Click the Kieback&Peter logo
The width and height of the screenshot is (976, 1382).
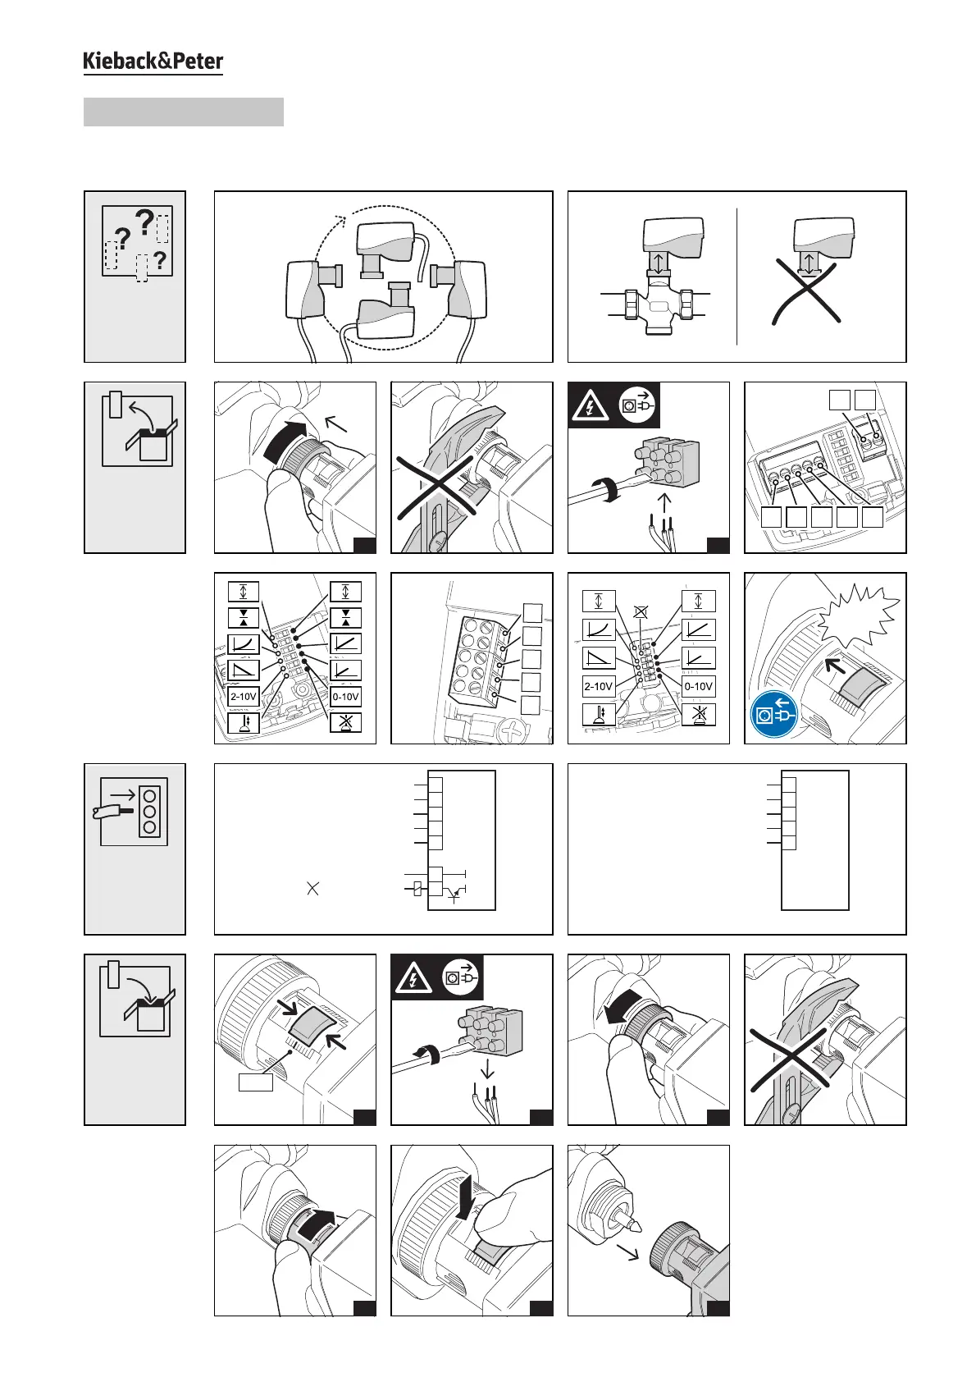[153, 62]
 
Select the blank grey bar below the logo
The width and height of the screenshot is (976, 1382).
[184, 112]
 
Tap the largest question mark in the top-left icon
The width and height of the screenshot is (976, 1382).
[144, 222]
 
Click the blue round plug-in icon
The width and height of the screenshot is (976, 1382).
[772, 715]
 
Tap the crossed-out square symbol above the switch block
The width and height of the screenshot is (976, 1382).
[641, 611]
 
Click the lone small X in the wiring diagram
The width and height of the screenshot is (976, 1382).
[312, 888]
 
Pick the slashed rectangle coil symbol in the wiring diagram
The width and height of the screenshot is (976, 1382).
[418, 888]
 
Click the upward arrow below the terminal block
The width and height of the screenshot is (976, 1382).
[664, 501]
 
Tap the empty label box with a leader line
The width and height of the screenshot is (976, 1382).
[255, 1082]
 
